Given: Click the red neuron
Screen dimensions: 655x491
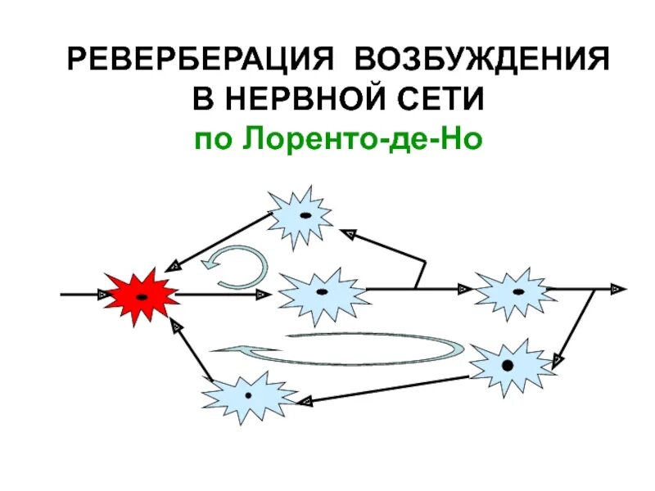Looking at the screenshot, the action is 141,295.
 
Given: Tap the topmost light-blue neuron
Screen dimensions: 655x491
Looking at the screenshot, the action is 300,215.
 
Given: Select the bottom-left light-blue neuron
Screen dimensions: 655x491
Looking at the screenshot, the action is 248,396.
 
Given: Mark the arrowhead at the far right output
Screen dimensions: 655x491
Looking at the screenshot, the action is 619,288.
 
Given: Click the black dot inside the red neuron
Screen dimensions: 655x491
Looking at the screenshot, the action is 142,296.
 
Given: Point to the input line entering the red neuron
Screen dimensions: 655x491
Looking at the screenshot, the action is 82,292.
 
